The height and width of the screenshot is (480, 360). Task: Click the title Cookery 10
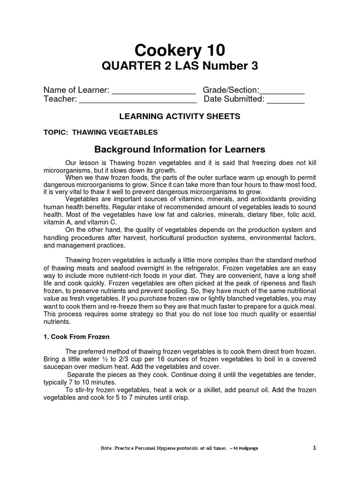point(180,50)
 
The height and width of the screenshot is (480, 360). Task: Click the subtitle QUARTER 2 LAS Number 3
point(180,67)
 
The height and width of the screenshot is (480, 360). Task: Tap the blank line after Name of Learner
point(153,91)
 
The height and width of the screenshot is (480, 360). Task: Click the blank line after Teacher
point(137,100)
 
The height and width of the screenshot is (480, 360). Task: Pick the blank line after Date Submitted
point(285,100)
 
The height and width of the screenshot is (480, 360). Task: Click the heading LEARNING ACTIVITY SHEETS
point(180,116)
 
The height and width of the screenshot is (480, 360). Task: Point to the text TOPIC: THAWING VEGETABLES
point(100,132)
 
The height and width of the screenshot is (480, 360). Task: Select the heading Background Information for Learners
point(180,150)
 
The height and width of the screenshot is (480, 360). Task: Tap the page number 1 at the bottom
point(315,448)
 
